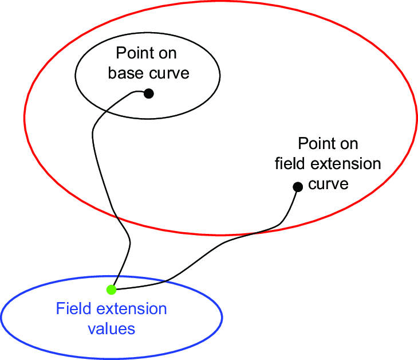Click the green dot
[x=112, y=289]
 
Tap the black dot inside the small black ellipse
[x=148, y=93]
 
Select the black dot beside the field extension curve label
[x=298, y=186]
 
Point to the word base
[x=126, y=73]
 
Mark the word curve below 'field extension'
[x=328, y=184]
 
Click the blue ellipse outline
[x=222, y=316]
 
